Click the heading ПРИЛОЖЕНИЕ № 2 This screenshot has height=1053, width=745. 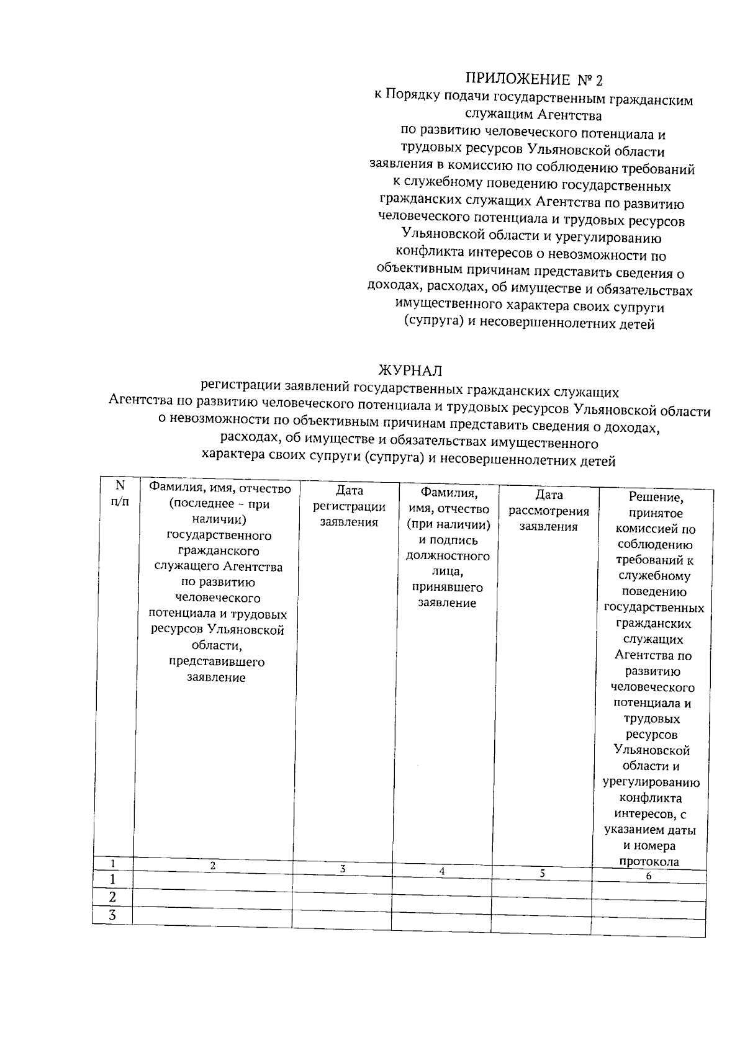pyautogui.click(x=534, y=79)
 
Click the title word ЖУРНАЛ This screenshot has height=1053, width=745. pyautogui.click(x=410, y=370)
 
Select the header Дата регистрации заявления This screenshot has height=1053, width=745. pyautogui.click(x=349, y=506)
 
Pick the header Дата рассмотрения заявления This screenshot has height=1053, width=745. pyautogui.click(x=549, y=511)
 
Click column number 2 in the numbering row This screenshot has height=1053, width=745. pyautogui.click(x=212, y=865)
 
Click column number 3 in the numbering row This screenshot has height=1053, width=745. pyautogui.click(x=342, y=869)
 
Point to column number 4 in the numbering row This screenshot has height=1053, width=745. pyautogui.click(x=442, y=871)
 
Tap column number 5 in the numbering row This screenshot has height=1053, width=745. pyautogui.click(x=542, y=873)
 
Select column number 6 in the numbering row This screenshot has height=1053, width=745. pyautogui.click(x=649, y=876)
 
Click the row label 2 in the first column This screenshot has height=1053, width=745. pyautogui.click(x=112, y=897)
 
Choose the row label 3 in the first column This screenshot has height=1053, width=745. pyautogui.click(x=112, y=915)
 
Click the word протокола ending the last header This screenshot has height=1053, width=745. pyautogui.click(x=649, y=861)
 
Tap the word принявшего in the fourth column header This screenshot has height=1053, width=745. pyautogui.click(x=447, y=587)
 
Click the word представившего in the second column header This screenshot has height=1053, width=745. pyautogui.click(x=217, y=661)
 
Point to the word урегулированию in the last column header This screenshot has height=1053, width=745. pyautogui.click(x=651, y=782)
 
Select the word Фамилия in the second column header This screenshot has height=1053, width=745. pyautogui.click(x=173, y=488)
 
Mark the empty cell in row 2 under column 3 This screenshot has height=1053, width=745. pyautogui.click(x=342, y=898)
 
